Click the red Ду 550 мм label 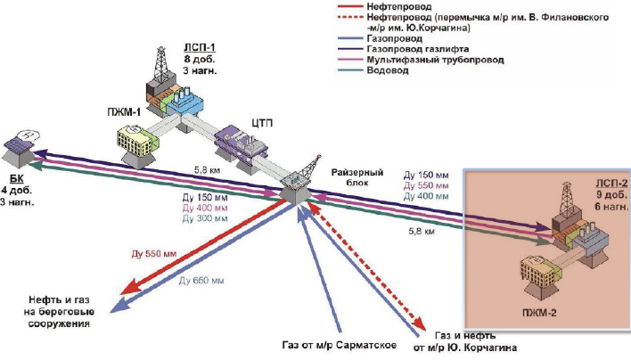(x=158, y=253)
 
